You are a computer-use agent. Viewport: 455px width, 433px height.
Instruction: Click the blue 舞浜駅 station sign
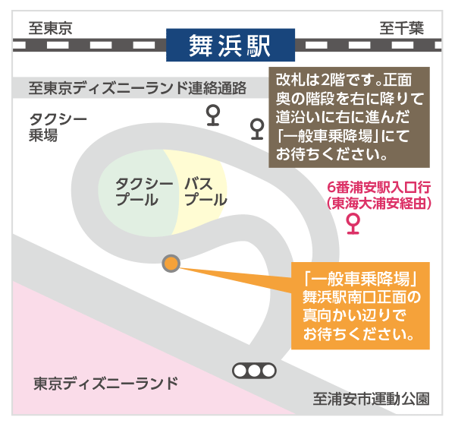coord(231,45)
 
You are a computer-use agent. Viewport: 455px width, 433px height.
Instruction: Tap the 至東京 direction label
coord(50,28)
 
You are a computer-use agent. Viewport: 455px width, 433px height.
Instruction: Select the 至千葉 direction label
coord(402,28)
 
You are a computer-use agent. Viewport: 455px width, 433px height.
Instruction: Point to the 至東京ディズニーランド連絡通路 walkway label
coord(137,88)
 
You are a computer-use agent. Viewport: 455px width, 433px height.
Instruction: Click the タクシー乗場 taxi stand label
coord(58,127)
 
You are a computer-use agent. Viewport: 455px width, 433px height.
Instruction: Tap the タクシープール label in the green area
coord(144,191)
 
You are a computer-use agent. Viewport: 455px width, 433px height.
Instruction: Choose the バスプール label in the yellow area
coord(206,191)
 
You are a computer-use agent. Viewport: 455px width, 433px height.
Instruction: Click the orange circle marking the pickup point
coord(171,264)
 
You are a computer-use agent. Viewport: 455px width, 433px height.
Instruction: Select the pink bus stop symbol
coord(353,224)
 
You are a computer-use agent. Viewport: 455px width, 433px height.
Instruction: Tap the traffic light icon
coord(254,371)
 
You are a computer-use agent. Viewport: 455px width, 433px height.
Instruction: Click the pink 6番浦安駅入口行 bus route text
coord(378,187)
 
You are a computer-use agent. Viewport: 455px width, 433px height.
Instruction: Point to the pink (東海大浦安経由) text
coord(378,203)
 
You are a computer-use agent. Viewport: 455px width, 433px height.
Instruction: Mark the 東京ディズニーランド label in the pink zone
coord(105,384)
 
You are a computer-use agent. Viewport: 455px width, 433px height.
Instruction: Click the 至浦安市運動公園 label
coord(371,399)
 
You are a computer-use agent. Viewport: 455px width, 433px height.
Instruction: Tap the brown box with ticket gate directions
coord(349,118)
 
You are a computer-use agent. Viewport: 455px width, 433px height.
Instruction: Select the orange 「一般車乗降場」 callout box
coord(360,305)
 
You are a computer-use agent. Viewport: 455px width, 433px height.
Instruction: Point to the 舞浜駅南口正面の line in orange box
coord(362,297)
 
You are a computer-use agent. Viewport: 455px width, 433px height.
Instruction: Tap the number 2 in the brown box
coord(325,81)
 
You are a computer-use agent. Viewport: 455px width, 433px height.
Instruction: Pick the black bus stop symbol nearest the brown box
coord(257,128)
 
